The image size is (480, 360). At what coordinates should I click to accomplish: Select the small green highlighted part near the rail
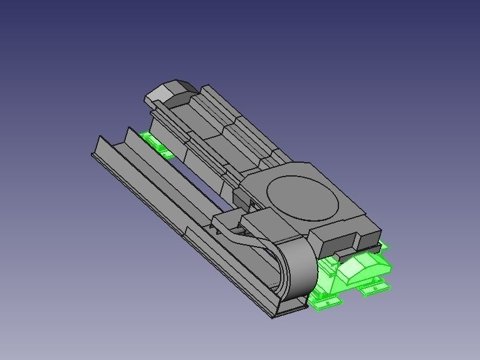[155, 145]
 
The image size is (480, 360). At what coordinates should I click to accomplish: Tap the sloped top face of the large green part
[355, 269]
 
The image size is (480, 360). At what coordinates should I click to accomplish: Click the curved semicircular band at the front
[299, 269]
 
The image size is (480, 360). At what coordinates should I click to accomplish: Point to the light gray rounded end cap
[162, 93]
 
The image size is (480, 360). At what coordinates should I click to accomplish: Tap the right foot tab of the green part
[375, 287]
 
